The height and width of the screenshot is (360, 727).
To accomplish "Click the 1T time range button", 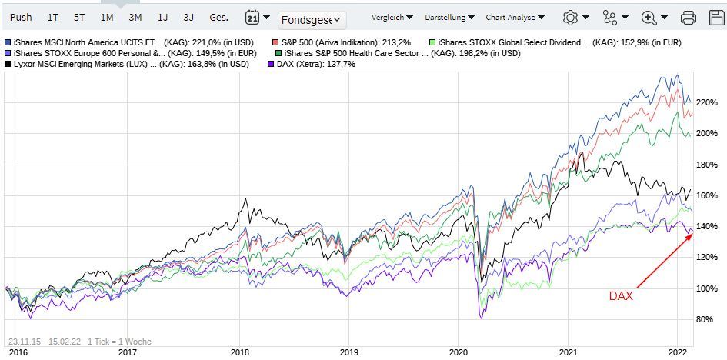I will [52, 16].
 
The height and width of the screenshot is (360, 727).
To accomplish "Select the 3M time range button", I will [135, 16].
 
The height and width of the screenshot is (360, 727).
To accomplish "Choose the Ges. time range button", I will [219, 16].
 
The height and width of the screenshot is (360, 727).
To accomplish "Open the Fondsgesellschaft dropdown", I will [312, 20].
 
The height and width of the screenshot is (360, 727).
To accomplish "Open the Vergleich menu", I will [392, 17].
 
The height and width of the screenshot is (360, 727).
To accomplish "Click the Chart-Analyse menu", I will [515, 17].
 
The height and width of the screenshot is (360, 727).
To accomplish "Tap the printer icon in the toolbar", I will [689, 17].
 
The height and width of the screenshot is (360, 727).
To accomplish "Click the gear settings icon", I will [570, 17].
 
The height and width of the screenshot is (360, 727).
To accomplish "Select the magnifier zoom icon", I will [649, 17].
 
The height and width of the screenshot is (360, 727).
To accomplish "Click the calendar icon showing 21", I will [252, 17].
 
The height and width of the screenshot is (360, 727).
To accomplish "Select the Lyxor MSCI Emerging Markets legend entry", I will [131, 65].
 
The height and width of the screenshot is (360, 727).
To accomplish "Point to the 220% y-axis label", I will [707, 102].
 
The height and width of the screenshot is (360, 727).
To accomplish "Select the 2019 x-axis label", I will [348, 351].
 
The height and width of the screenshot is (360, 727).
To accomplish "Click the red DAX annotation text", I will [620, 295].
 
